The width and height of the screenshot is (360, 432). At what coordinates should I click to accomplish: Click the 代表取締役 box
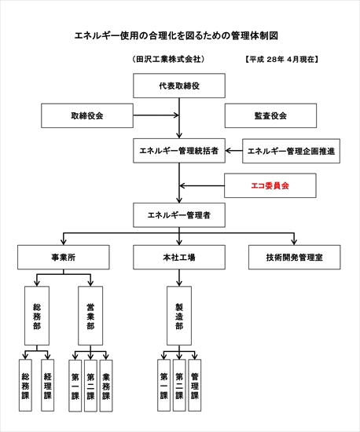tap(179, 86)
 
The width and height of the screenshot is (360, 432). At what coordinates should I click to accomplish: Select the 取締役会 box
tap(87, 115)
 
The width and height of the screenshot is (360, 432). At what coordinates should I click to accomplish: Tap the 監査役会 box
tap(270, 115)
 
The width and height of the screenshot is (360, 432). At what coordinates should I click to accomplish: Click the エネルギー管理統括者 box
tap(179, 151)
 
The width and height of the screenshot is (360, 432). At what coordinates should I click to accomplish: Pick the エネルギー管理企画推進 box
tap(291, 151)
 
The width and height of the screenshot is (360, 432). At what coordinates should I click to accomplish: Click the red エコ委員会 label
tap(270, 185)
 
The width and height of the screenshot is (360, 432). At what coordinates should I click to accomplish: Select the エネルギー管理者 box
tap(179, 215)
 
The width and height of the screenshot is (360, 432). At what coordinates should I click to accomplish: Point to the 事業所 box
tap(64, 258)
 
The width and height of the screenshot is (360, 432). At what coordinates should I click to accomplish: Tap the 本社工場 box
tap(179, 258)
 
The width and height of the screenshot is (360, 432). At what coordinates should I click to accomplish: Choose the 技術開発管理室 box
tap(295, 258)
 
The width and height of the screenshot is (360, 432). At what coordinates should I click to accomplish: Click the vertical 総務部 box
tap(37, 316)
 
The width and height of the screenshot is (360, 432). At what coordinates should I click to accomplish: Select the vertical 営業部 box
tap(90, 316)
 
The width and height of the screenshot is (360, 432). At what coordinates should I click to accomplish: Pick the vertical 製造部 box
tap(179, 316)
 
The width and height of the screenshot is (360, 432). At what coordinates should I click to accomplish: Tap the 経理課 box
tap(48, 386)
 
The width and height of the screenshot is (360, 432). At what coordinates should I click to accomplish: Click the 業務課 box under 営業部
tap(106, 386)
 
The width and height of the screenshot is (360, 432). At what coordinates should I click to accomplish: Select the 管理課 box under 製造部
tap(195, 386)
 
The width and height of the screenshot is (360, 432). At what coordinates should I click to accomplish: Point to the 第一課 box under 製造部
tap(163, 386)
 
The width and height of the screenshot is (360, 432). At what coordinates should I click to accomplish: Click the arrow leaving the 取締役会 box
tap(156, 115)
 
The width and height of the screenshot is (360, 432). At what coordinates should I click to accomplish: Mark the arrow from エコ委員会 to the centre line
tap(202, 185)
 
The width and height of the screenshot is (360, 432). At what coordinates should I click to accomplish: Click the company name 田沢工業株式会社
tap(168, 59)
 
